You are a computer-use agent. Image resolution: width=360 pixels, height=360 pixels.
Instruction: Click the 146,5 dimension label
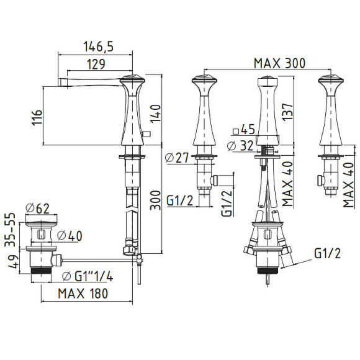coord(98,47)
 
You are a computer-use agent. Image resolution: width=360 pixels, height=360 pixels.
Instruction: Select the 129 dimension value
coord(96,64)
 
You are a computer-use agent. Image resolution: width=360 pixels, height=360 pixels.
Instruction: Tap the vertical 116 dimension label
coord(37,117)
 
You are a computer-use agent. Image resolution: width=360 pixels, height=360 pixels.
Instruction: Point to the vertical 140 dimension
coord(155,114)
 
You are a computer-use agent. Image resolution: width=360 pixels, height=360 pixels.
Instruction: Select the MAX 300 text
coord(279,63)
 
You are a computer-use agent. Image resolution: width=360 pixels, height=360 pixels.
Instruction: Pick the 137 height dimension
coord(287,112)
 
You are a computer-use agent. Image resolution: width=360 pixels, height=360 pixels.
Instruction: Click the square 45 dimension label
coord(244,130)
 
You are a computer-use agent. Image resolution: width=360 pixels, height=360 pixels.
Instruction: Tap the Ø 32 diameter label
coord(240,146)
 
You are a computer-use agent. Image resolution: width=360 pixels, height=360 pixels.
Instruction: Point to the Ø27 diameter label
coord(177,158)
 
